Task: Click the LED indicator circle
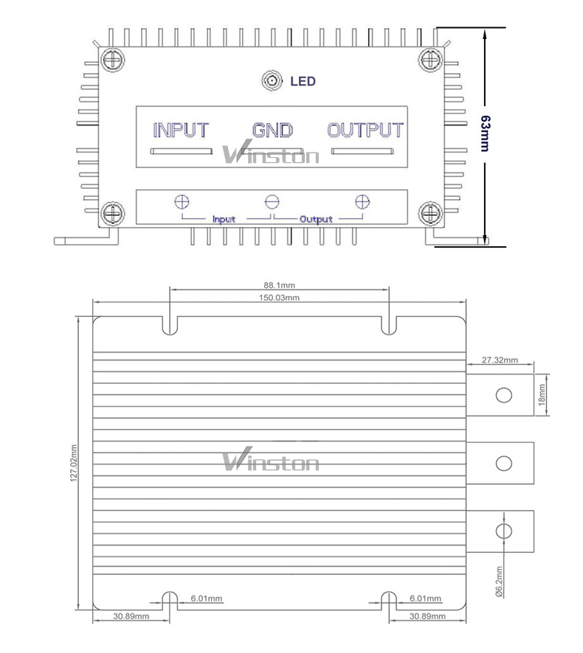click(272, 80)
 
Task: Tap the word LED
click(303, 81)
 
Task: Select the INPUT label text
click(181, 130)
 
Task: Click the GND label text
click(272, 130)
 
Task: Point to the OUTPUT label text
click(365, 130)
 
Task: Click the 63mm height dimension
click(486, 133)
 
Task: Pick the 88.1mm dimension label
click(279, 285)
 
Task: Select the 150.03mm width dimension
click(279, 297)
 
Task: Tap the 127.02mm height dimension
click(74, 463)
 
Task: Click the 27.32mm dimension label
click(500, 360)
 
